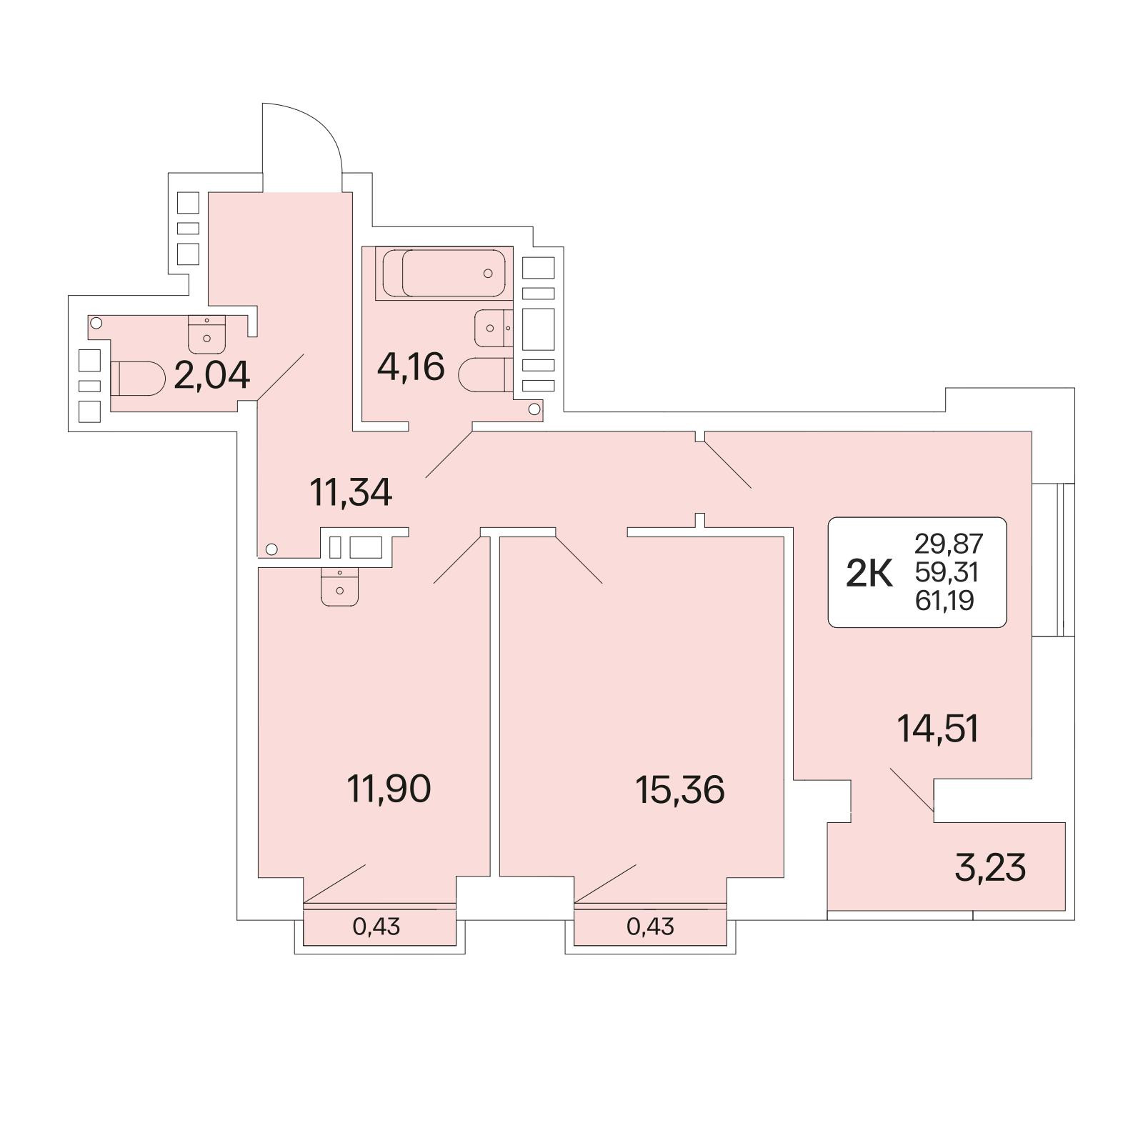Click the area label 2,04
click(212, 375)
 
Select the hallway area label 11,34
click(351, 492)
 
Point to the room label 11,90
click(389, 789)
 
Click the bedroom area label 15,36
click(680, 790)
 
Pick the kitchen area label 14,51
click(938, 729)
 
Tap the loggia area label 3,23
click(990, 868)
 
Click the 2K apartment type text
click(869, 574)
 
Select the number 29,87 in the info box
click(949, 544)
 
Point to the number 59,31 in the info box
click(947, 573)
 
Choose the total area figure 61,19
click(944, 602)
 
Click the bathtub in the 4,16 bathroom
click(444, 273)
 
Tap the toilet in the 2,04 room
click(139, 378)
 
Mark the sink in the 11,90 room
click(339, 587)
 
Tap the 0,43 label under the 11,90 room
click(376, 927)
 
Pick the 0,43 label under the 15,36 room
click(650, 927)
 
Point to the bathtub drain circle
click(488, 273)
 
